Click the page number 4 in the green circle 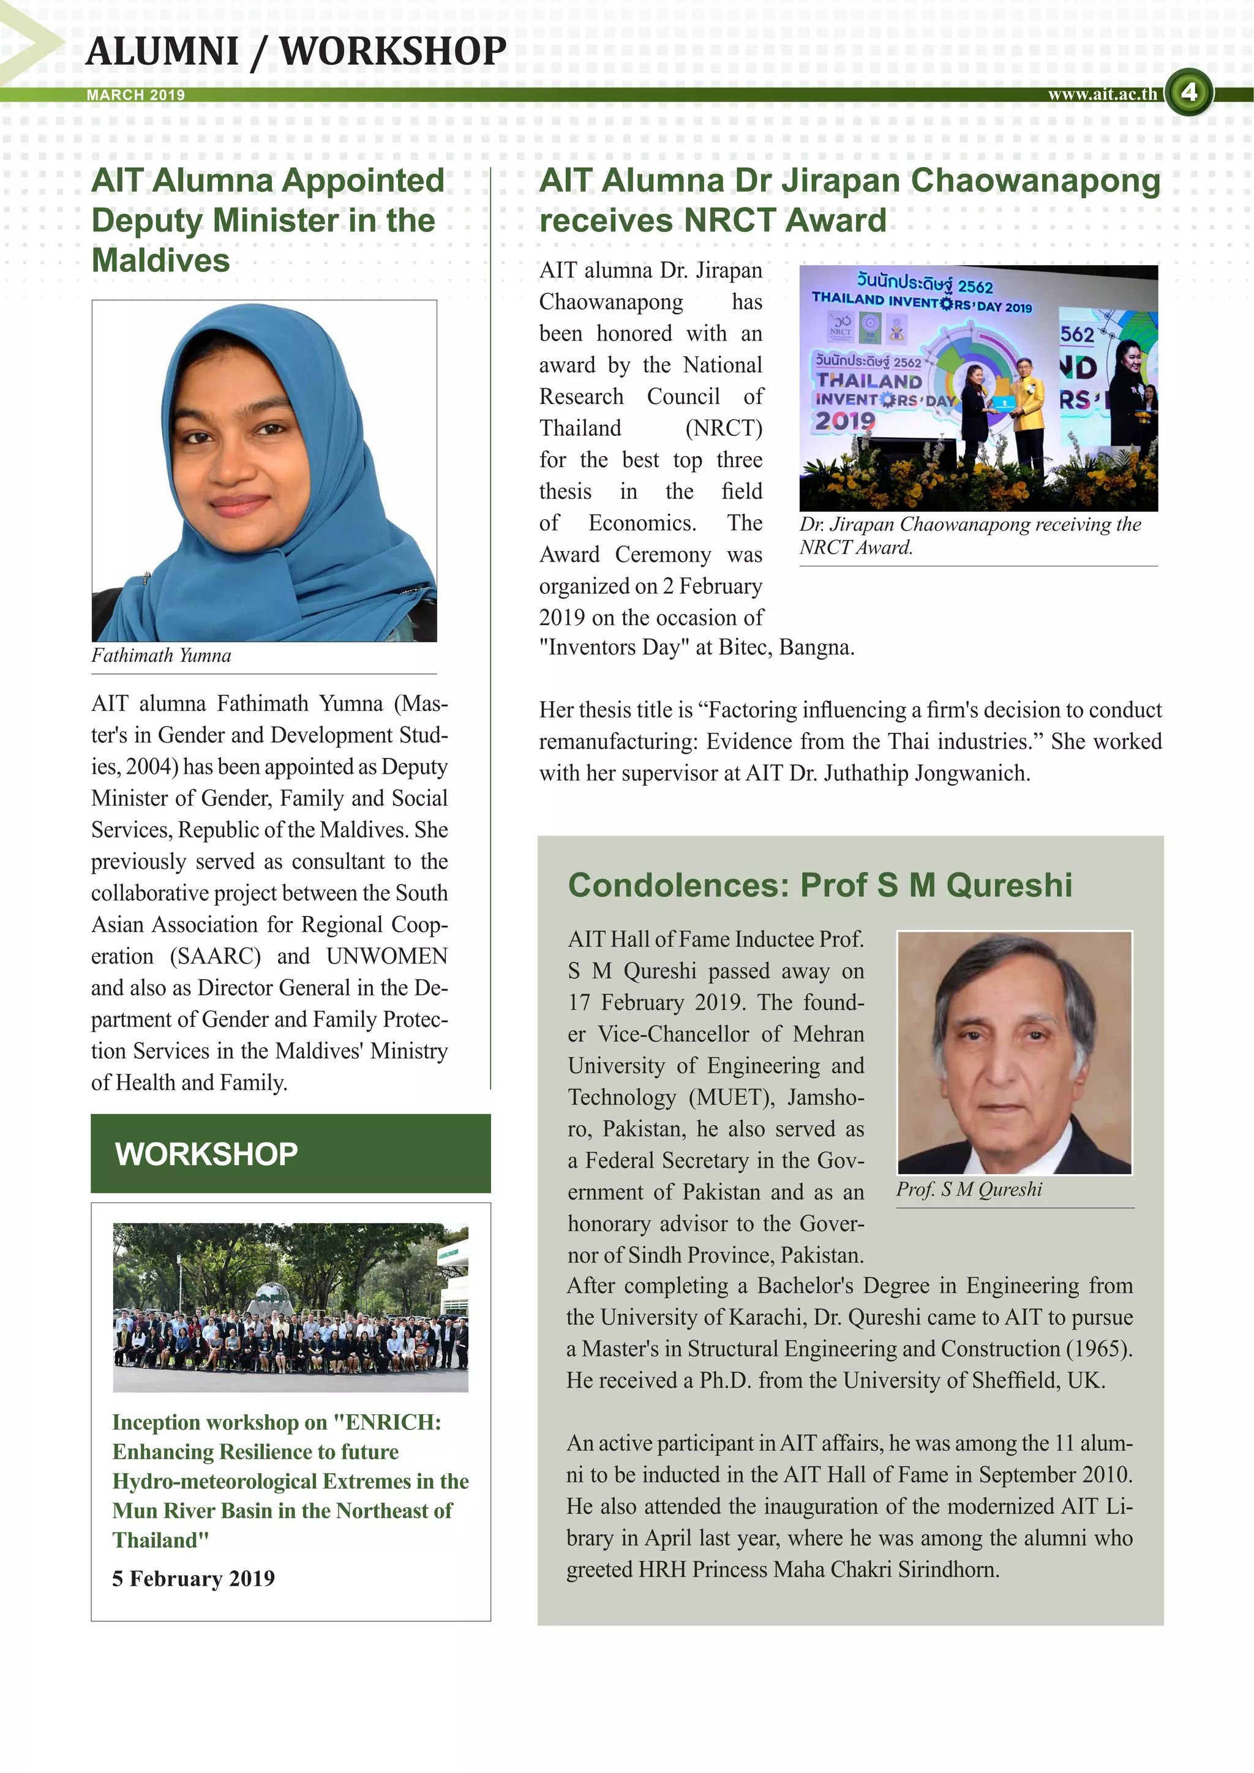(1188, 92)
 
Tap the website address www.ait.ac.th (1102, 94)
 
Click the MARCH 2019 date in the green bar (136, 95)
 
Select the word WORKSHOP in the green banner (206, 1153)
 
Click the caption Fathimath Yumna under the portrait (162, 656)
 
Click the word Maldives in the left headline (160, 260)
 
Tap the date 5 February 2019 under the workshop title (193, 1578)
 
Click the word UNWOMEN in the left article (386, 956)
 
